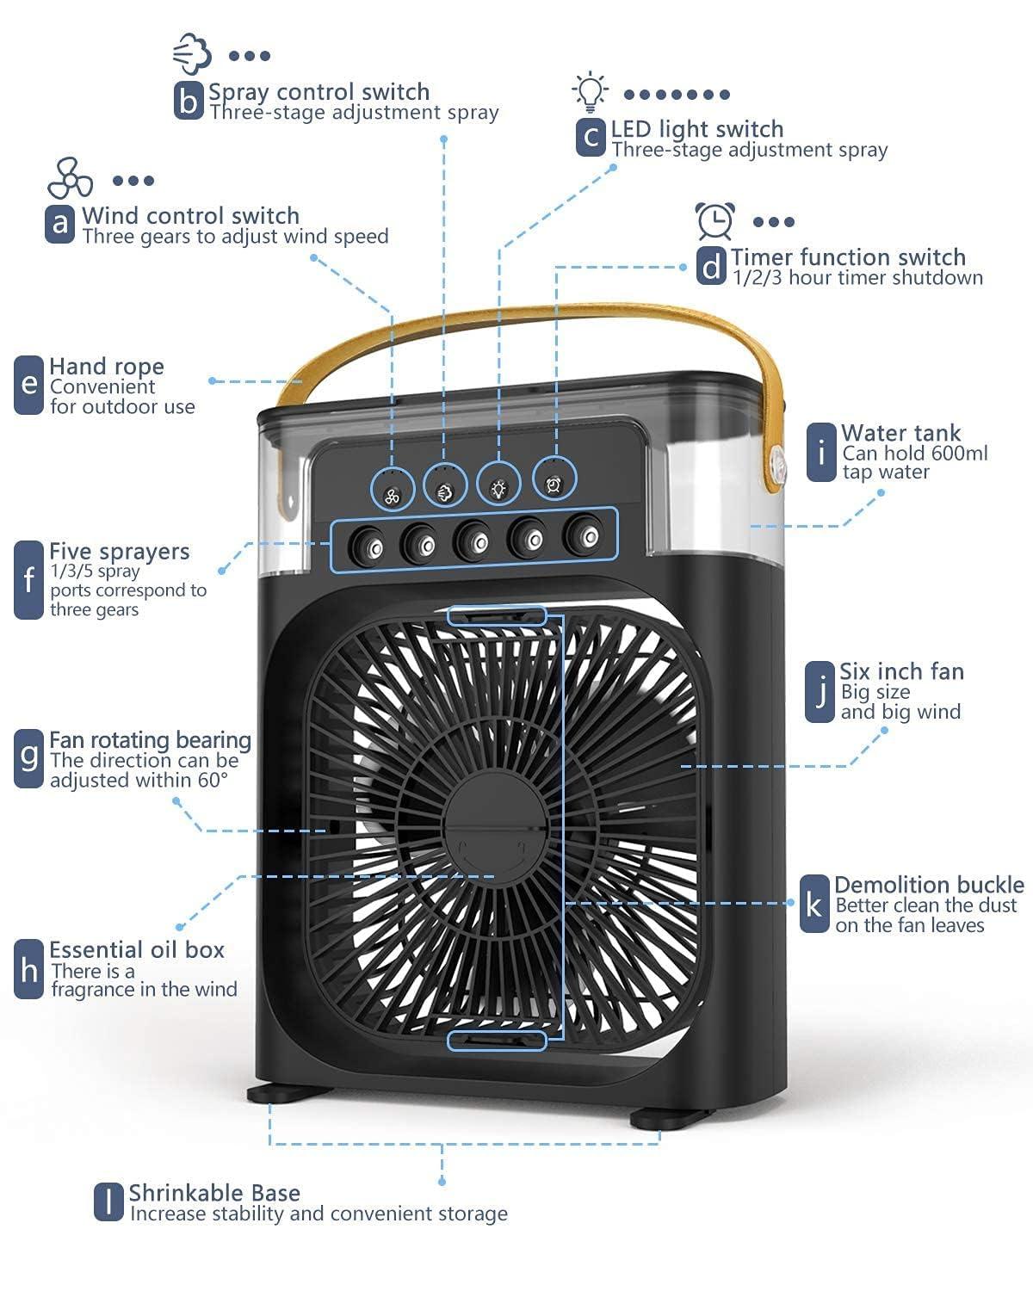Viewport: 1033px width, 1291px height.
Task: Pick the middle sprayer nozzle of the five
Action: pos(474,542)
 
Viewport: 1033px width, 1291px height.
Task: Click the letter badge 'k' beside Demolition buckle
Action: pos(813,905)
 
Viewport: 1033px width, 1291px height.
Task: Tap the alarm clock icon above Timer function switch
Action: pos(715,220)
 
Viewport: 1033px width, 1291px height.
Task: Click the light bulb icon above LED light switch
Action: pos(590,93)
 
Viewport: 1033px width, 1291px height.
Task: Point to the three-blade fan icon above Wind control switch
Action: pos(70,178)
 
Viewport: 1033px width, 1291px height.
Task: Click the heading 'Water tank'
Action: pos(900,433)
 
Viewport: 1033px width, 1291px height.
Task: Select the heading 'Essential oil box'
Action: pos(137,950)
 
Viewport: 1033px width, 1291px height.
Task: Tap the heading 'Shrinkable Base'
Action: pos(214,1194)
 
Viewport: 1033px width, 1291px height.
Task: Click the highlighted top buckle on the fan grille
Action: pos(497,615)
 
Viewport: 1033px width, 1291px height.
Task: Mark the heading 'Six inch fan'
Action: pos(901,671)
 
